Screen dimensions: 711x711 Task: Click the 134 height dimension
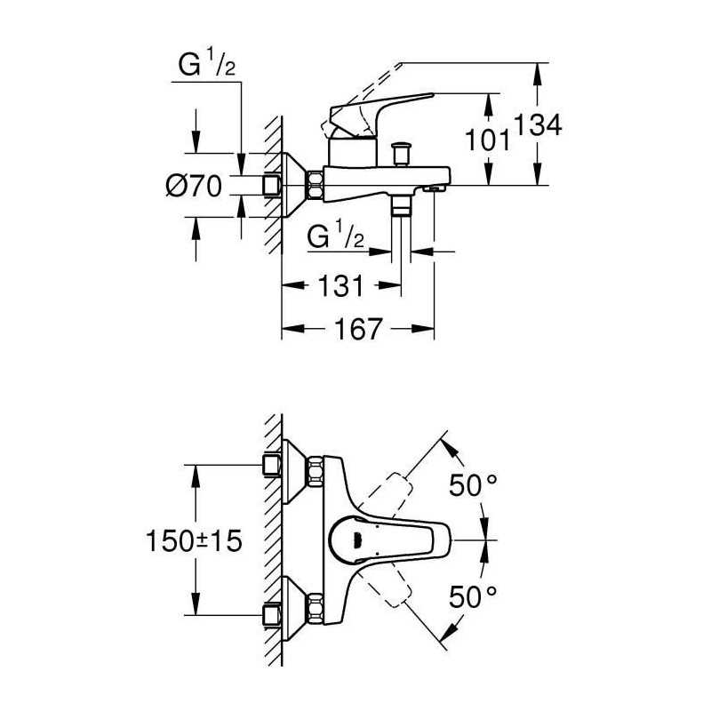click(x=539, y=124)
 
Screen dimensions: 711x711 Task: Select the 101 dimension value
click(x=487, y=140)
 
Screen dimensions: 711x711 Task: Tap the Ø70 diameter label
click(x=194, y=186)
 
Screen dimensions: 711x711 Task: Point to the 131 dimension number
click(x=341, y=285)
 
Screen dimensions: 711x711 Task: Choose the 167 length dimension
click(x=358, y=329)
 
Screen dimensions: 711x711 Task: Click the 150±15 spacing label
click(x=194, y=540)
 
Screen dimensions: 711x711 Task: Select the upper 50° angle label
click(x=473, y=484)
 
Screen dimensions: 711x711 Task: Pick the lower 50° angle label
click(x=473, y=596)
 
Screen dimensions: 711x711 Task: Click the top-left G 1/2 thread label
click(x=207, y=63)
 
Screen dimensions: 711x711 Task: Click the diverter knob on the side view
click(x=402, y=154)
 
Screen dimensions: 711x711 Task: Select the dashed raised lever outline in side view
click(x=363, y=98)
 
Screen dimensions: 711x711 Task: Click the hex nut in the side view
click(x=316, y=185)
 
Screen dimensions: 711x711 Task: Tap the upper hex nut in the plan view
click(x=316, y=472)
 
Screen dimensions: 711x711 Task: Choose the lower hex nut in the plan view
click(x=316, y=609)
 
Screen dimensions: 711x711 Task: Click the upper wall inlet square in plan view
click(x=272, y=465)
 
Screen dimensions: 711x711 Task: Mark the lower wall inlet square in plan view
click(x=272, y=615)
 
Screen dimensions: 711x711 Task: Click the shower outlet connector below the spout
click(x=401, y=206)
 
